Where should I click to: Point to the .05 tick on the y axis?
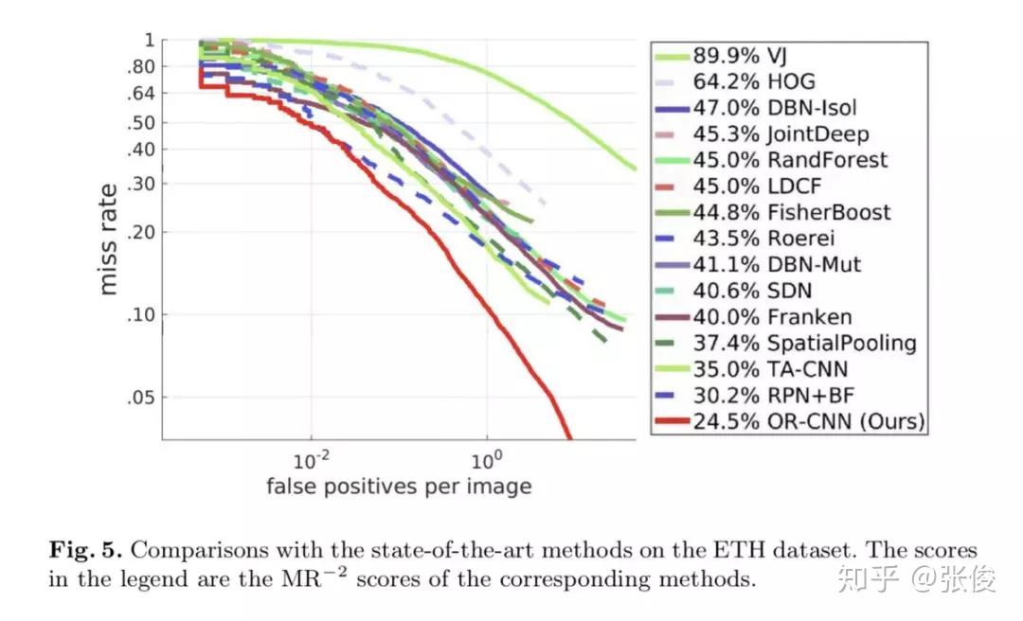[x=140, y=398]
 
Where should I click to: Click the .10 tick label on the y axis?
[x=140, y=314]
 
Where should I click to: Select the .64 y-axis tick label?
[x=140, y=94]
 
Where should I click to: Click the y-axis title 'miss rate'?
[x=110, y=239]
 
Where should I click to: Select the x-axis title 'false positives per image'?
[x=398, y=487]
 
